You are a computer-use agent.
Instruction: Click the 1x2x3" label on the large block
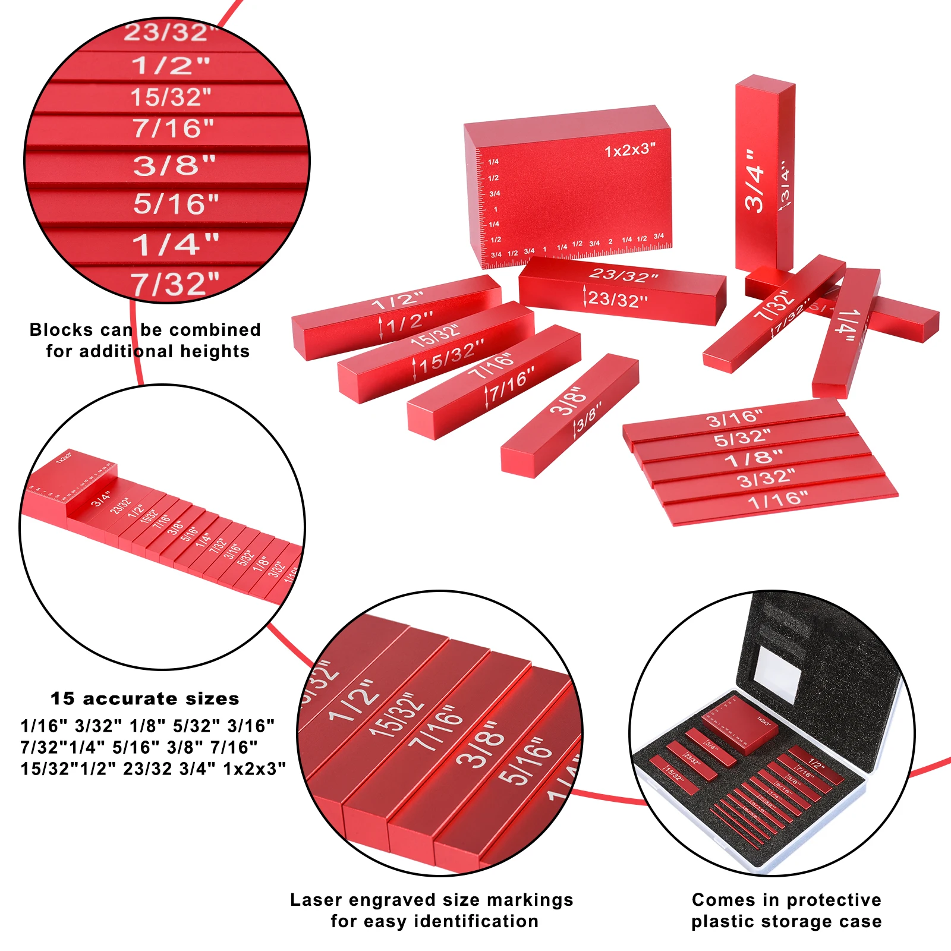click(x=630, y=150)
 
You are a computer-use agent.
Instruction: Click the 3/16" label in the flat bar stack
click(x=735, y=419)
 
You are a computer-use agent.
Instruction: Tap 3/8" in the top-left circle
click(x=174, y=165)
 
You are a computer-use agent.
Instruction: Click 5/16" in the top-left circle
click(x=176, y=204)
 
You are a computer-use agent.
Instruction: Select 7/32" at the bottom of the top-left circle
click(x=175, y=284)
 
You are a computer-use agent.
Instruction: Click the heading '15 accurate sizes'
click(x=145, y=698)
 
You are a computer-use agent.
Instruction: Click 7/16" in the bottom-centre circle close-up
click(x=437, y=728)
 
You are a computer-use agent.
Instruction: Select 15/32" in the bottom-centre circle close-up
click(x=397, y=713)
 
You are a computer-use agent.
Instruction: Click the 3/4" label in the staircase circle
click(x=101, y=498)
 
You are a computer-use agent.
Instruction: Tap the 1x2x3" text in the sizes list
click(x=254, y=769)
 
